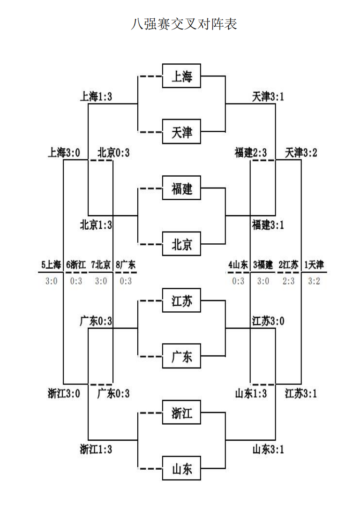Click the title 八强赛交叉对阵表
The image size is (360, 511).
pos(184,24)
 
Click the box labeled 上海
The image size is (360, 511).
pos(181,76)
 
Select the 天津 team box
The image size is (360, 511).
pos(181,132)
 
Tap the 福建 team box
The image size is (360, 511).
pos(181,188)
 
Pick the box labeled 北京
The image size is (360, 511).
pos(181,244)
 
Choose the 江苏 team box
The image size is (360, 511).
pos(181,300)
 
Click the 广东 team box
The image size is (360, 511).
pos(181,356)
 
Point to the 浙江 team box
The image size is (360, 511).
pos(181,412)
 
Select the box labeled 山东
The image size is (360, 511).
pos(181,468)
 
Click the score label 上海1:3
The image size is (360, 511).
pos(96,97)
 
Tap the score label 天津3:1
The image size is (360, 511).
pos(268,97)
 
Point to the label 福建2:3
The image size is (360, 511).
pos(250,152)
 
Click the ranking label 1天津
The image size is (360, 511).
pos(314,264)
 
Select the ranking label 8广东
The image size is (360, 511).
pos(126,264)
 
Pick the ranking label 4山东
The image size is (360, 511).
pos(238,264)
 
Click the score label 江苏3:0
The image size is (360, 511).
pos(268,321)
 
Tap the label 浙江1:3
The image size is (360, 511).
pos(96,450)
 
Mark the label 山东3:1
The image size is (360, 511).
pos(268,450)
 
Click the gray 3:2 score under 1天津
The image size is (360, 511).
pos(314,281)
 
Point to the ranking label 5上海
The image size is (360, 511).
pos(51,264)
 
